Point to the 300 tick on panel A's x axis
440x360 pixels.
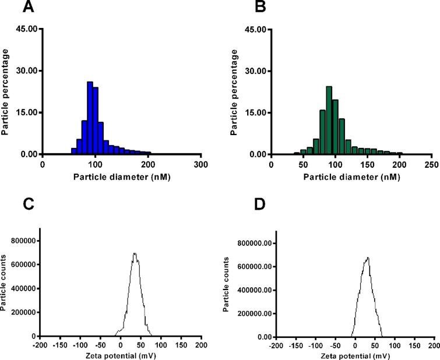201,165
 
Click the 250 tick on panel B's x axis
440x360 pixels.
431,165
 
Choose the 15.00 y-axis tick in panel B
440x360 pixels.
254,112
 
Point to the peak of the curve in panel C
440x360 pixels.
135,253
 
